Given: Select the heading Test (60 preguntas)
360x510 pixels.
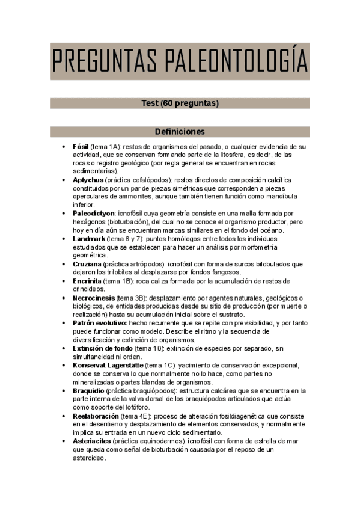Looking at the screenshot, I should (180, 103).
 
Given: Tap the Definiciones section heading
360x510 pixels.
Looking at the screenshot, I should (180, 132).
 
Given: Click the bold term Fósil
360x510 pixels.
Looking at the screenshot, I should (81, 146).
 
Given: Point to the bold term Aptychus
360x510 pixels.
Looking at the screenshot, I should (88, 180).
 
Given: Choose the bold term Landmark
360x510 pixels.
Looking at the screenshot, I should (89, 239).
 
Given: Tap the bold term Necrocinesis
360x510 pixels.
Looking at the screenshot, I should (94, 298).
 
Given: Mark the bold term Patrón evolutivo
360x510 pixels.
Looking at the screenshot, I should (99, 323).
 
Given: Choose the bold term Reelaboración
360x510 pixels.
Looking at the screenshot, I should (96, 416).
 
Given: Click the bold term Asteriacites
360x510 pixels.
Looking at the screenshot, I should (92, 441).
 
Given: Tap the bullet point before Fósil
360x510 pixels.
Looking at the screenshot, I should (64, 146).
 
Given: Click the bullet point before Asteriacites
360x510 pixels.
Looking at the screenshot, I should (64, 441).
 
